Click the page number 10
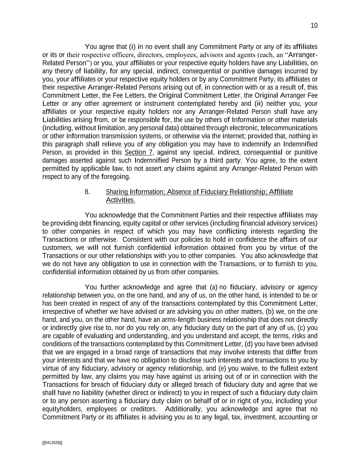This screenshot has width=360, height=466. [x=314, y=26]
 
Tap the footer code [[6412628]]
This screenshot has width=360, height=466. [x=52, y=443]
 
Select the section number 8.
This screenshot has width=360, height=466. [x=87, y=192]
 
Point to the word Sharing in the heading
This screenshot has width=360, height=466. [x=115, y=192]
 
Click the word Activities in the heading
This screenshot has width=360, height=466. [x=120, y=200]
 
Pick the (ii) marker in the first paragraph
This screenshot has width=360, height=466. [x=258, y=103]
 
